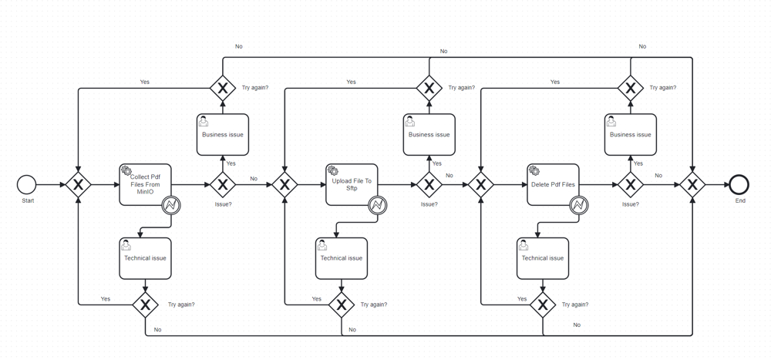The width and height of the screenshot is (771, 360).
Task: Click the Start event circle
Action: tap(26, 185)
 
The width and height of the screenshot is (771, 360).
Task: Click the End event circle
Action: tap(739, 185)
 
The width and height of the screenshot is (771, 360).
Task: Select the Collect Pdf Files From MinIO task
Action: tap(145, 185)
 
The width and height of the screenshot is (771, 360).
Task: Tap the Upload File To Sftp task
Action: tap(352, 185)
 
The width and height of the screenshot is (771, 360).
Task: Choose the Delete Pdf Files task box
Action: tap(553, 185)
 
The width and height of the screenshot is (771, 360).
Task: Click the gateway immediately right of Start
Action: tap(79, 185)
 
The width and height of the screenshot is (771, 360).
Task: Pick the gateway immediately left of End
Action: tap(693, 185)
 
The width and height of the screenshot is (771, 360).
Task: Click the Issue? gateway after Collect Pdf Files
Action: tap(223, 185)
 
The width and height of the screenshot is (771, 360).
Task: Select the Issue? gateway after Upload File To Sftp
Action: tap(429, 185)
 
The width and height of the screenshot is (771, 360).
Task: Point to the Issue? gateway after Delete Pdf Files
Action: tap(631, 185)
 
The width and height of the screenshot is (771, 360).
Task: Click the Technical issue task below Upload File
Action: tap(342, 259)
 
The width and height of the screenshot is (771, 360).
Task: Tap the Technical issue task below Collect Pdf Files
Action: tap(145, 259)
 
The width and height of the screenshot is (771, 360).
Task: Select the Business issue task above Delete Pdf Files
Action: tap(631, 135)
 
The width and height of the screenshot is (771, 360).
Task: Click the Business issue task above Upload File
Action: tap(429, 135)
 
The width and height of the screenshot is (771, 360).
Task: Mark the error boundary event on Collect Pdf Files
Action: tap(171, 205)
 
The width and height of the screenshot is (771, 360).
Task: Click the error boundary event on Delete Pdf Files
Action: tap(579, 205)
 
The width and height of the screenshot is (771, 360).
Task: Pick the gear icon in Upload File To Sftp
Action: tap(333, 170)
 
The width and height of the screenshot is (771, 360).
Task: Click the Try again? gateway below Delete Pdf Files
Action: tap(543, 305)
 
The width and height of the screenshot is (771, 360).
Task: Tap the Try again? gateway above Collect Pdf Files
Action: tap(223, 89)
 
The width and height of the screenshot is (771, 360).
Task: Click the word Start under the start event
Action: tap(27, 200)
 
